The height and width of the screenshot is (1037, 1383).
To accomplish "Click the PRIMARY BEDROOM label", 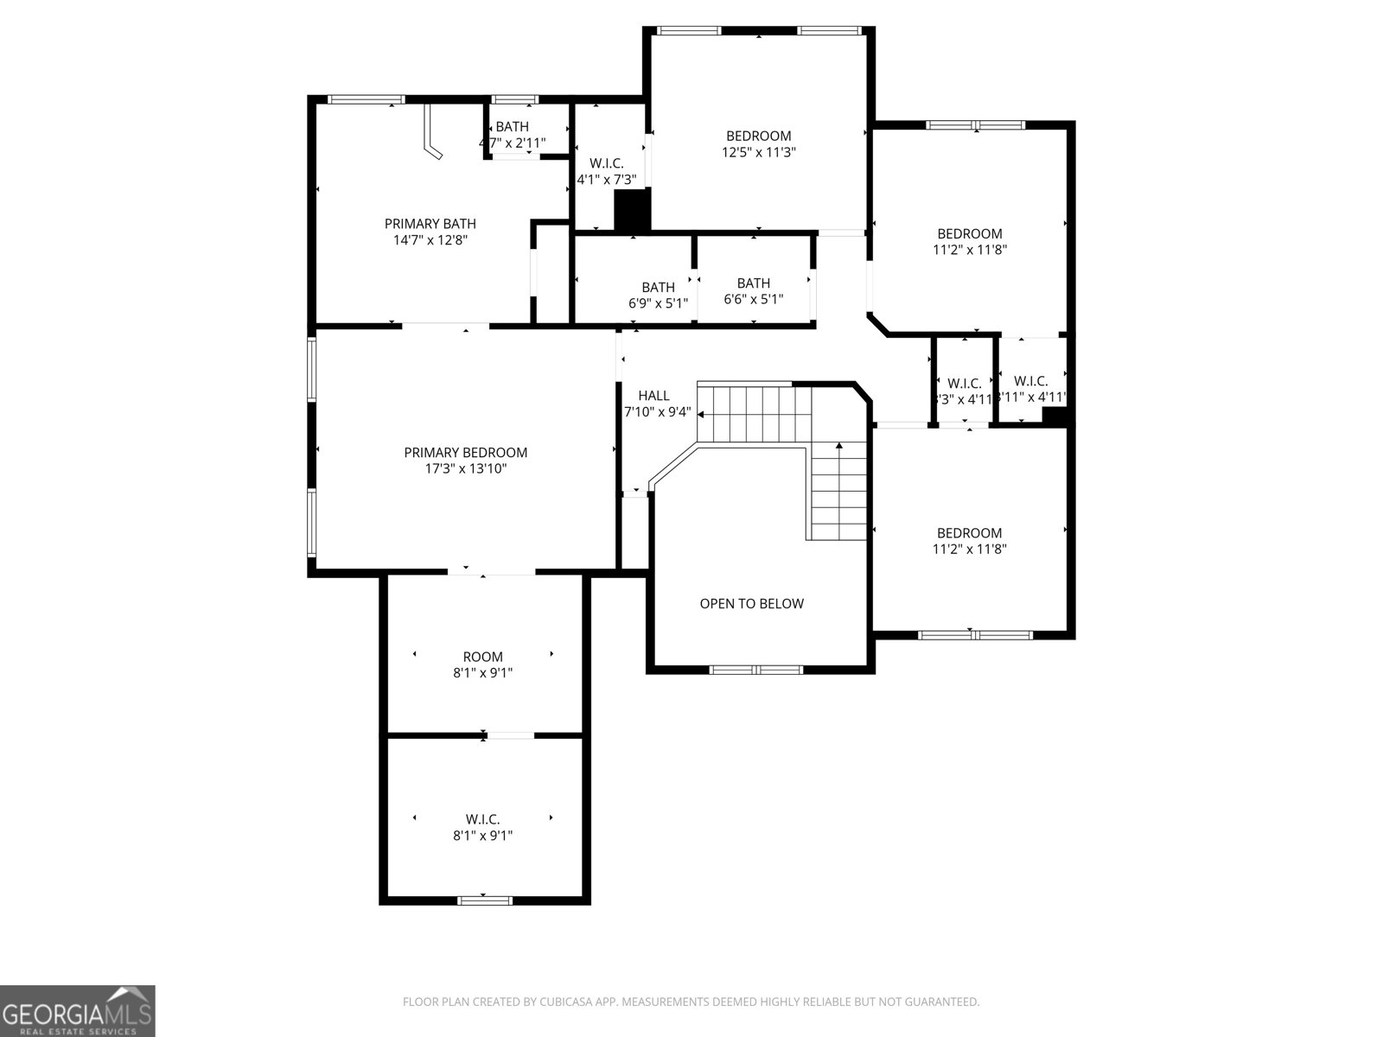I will [x=465, y=453].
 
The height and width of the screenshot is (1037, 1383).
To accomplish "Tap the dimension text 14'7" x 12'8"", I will [x=430, y=240].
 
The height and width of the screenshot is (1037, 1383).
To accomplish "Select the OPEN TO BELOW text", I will [x=751, y=604].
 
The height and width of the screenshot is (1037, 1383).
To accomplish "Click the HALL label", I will [x=653, y=396].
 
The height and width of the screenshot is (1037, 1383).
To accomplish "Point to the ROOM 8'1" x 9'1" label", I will [x=482, y=665].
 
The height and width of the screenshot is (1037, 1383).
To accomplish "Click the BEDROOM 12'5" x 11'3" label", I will [x=758, y=143].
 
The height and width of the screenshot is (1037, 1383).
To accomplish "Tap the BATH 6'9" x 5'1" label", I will [x=658, y=295].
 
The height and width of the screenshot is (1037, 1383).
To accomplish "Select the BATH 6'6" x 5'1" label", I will [x=753, y=291].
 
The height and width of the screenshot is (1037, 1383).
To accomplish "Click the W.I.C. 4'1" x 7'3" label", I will [x=607, y=172].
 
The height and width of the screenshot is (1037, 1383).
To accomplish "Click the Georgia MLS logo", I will [x=77, y=1010].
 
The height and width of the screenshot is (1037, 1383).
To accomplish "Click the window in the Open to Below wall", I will [x=756, y=670].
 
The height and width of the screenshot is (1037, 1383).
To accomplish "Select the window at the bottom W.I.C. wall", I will [x=484, y=900].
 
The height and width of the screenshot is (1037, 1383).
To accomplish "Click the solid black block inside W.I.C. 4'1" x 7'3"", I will [x=632, y=211].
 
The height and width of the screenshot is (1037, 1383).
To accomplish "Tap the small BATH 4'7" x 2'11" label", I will [x=513, y=135].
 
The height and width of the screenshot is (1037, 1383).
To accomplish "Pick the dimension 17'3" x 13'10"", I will [x=465, y=469].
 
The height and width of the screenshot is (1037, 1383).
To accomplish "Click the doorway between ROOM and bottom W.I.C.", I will [x=510, y=735].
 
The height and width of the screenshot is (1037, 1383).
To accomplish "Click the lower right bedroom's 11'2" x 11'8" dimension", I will [x=969, y=549].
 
